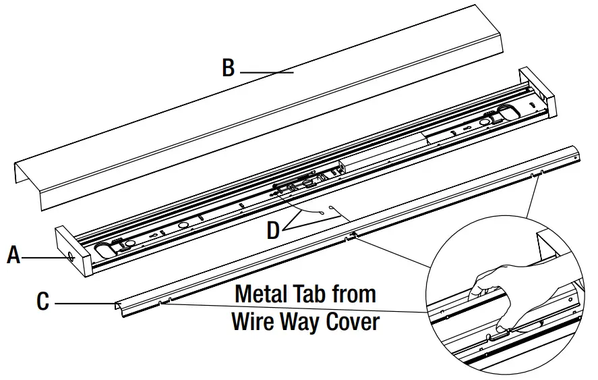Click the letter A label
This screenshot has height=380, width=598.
click(x=13, y=255)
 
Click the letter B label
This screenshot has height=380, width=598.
click(x=229, y=68)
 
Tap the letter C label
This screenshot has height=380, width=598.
click(x=42, y=301)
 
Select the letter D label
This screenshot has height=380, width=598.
click(x=273, y=230)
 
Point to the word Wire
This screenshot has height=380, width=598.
click(x=256, y=322)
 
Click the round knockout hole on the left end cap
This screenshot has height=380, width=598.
click(x=70, y=256)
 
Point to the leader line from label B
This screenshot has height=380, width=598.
click(x=266, y=71)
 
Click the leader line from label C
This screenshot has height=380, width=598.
click(x=84, y=304)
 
